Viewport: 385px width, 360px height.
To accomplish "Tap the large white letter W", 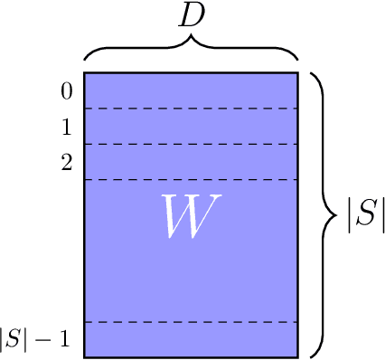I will click(191, 217).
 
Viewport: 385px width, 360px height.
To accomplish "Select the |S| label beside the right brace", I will click(365, 214).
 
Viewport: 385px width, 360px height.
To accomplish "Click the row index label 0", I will click(66, 91).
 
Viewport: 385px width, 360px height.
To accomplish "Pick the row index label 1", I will click(66, 128).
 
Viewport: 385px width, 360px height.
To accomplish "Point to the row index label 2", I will click(66, 163).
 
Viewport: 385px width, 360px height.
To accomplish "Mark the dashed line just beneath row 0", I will click(191, 109).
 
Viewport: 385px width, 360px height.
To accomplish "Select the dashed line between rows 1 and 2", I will click(191, 144).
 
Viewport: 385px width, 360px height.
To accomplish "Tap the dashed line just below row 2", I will click(191, 180).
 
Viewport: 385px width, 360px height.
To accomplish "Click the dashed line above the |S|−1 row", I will click(191, 322).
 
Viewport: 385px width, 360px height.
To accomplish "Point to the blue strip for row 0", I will click(191, 90).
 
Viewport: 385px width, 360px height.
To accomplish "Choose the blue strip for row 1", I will click(191, 127).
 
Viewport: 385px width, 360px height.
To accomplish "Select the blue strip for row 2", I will click(191, 162).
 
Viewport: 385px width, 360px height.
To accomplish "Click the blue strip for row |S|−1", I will click(191, 339).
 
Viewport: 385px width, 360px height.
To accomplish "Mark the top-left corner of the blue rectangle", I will click(85, 72).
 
